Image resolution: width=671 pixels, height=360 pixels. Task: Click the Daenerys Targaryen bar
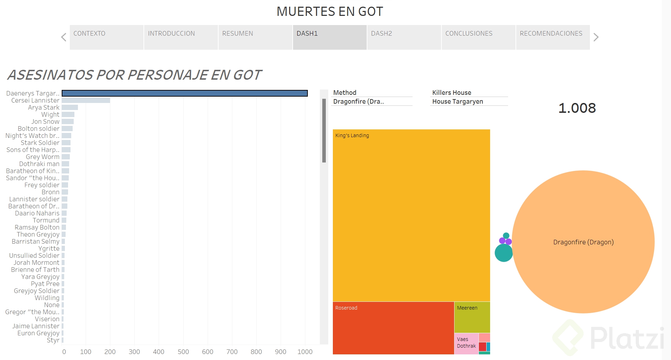coord(184,93)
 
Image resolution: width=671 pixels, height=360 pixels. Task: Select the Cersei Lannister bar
coord(86,100)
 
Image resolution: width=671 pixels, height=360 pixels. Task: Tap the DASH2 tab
coord(404,37)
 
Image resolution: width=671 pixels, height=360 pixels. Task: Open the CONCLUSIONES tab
coord(478,37)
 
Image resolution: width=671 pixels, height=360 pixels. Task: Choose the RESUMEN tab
coord(255,37)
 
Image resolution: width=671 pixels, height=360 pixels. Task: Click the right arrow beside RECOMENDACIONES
coord(596,37)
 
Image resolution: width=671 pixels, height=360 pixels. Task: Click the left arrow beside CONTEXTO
coord(64,37)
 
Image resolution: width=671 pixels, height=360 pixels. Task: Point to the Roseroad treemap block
coord(393,328)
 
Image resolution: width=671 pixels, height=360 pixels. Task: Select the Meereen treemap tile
coord(472,317)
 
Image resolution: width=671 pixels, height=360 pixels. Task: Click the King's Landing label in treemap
coord(352,135)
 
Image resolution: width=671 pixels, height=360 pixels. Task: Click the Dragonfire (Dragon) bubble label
coord(583,242)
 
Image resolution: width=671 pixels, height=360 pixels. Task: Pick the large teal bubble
coord(504,253)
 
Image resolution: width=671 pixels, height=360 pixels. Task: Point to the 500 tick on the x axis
coord(183,352)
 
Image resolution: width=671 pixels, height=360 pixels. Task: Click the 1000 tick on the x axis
coord(305,352)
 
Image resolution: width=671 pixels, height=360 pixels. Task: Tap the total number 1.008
coord(577,108)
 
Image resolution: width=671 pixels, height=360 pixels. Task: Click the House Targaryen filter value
coord(457,102)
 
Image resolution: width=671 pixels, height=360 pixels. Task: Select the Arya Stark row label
coord(44,108)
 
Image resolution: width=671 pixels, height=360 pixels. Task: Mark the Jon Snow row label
coord(45,122)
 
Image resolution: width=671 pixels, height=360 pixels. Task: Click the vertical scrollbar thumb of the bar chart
coord(324,130)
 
